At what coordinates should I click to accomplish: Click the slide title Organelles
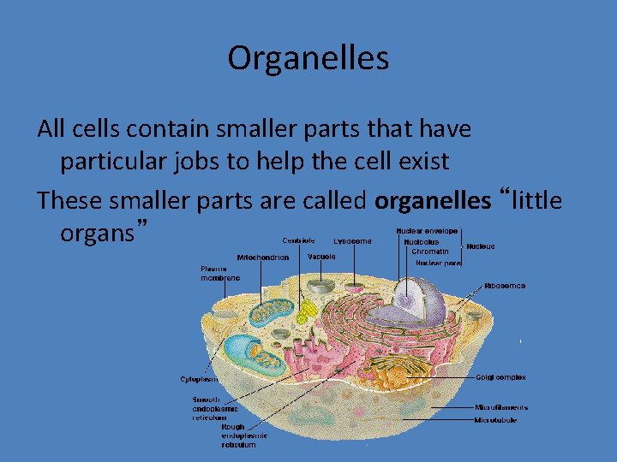308,58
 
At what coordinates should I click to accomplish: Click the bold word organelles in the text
433,201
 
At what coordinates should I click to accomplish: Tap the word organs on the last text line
98,233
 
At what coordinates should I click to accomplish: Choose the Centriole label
298,240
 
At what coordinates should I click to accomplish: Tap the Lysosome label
352,241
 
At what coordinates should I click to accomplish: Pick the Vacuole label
321,257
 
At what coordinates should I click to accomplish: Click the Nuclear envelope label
427,231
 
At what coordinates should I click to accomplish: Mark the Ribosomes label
505,286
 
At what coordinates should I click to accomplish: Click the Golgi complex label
501,377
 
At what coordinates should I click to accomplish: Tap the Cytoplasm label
198,379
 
